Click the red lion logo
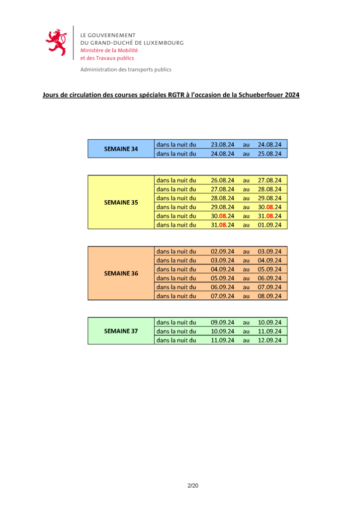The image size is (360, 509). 56,42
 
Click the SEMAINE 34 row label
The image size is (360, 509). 121,149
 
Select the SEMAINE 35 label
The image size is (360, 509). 121,202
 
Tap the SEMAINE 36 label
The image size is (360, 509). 121,273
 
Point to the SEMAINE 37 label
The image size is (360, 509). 121,331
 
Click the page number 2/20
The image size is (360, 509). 193,486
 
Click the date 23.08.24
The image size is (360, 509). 222,145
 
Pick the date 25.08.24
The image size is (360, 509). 270,154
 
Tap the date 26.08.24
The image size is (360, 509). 222,180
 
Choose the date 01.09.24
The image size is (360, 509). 270,225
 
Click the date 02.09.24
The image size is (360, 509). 222,252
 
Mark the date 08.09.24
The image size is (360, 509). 270,296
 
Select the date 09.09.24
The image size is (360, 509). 222,323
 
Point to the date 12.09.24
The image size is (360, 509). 270,340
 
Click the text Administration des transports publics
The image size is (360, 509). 126,70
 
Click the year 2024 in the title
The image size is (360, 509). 292,95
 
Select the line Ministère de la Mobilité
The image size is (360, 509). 109,50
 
